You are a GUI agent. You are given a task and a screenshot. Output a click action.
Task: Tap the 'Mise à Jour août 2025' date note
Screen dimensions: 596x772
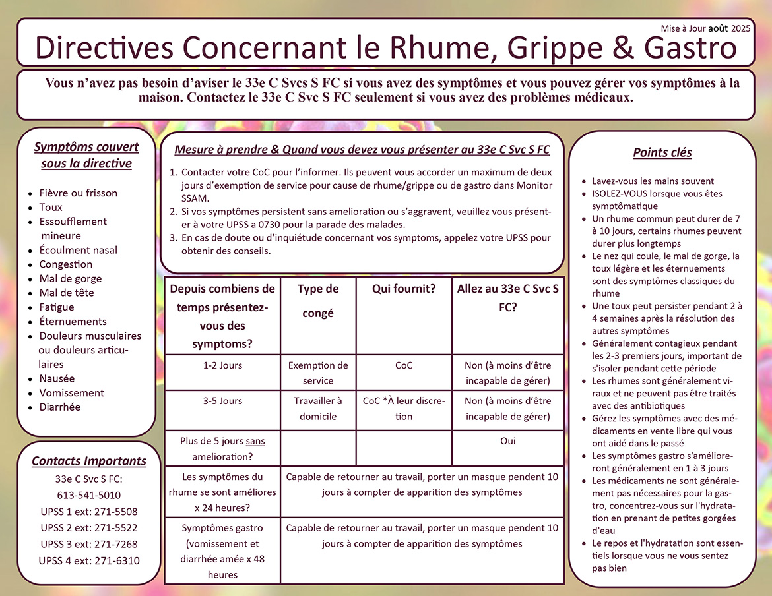click(x=705, y=28)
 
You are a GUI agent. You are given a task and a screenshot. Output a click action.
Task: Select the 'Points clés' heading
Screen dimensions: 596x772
click(x=662, y=153)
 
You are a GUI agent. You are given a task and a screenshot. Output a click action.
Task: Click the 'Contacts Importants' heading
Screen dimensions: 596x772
click(x=89, y=461)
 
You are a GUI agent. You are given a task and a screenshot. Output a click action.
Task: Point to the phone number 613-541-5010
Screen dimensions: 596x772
click(x=89, y=495)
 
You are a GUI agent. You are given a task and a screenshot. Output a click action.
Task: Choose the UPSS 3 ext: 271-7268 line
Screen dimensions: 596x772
click(x=89, y=544)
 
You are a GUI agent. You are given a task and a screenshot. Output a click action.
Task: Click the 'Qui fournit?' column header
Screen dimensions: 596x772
click(x=403, y=289)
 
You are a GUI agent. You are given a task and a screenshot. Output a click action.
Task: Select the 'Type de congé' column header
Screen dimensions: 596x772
click(x=318, y=301)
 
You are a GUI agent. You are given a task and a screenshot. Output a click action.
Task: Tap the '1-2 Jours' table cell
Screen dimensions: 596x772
click(x=222, y=365)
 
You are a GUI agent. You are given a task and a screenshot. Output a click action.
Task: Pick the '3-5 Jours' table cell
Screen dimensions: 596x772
click(x=222, y=401)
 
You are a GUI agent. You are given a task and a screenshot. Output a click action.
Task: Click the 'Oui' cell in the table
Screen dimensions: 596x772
click(x=507, y=441)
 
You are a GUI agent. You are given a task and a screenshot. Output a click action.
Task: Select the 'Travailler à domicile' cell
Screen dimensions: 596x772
click(x=318, y=408)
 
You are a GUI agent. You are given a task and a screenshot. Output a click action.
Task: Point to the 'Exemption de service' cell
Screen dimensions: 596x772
click(x=318, y=372)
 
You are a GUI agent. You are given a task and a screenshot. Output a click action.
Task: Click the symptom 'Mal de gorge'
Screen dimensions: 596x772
click(x=71, y=278)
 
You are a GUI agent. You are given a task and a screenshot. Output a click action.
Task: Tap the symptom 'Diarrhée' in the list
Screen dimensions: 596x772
click(x=59, y=407)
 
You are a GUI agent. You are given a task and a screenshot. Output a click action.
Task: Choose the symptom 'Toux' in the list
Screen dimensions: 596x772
click(x=51, y=207)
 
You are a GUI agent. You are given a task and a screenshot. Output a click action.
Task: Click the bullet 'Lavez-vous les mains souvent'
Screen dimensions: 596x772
click(x=653, y=181)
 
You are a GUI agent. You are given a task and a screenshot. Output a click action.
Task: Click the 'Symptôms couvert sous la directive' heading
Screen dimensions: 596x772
click(x=86, y=155)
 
